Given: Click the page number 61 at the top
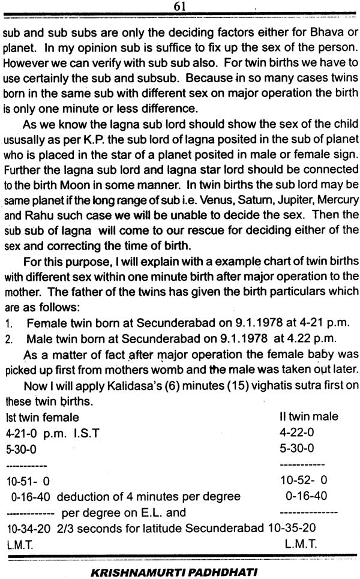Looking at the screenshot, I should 178,7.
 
